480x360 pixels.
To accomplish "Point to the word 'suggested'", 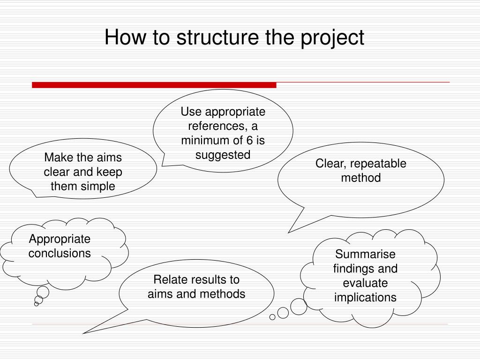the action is (223, 155).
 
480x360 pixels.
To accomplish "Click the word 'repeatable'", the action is (378, 164).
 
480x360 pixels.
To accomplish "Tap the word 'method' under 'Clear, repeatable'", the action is (361, 178).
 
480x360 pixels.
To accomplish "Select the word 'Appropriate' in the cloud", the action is (60, 239).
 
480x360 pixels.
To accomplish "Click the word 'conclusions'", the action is (60, 253).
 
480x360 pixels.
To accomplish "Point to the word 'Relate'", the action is (169, 280).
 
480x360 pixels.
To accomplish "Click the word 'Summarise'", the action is (365, 254).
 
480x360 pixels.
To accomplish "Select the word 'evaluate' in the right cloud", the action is (365, 283).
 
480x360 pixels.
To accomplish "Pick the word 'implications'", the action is (365, 298).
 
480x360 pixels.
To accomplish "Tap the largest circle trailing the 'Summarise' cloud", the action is (299, 306).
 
